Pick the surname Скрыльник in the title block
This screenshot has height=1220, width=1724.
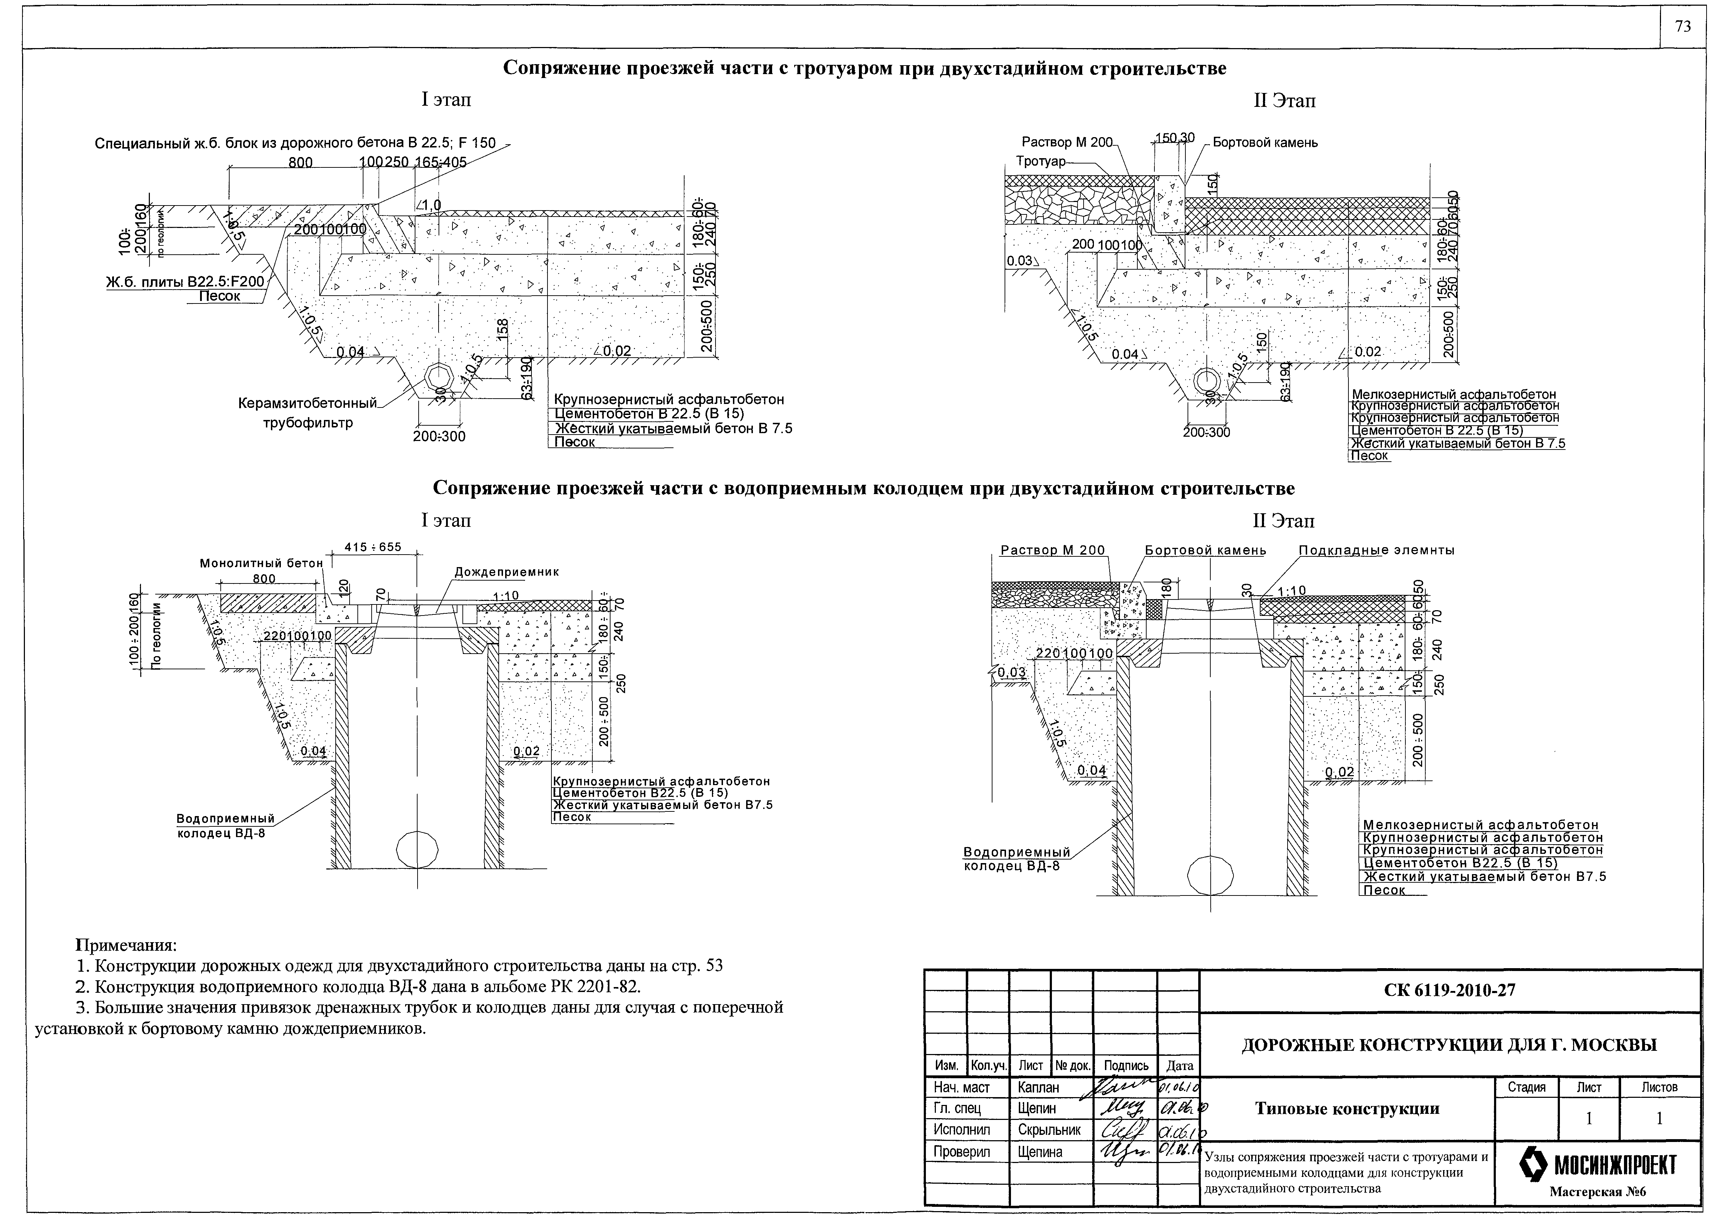[x=1049, y=1129]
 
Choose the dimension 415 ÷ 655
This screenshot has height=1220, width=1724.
[x=373, y=547]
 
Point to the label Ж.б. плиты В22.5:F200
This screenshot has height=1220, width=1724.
[x=185, y=282]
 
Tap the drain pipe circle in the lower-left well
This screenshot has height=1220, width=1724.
[x=417, y=849]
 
